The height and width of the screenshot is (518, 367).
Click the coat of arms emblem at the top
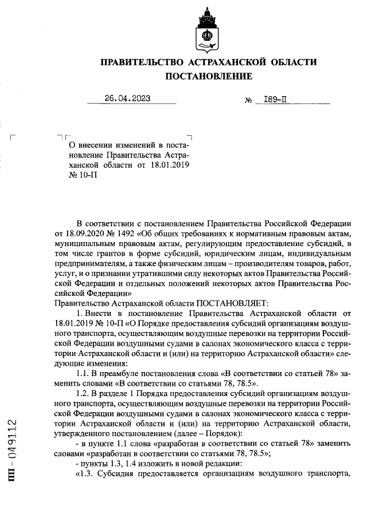[208, 29]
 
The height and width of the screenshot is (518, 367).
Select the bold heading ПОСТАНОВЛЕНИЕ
[208, 77]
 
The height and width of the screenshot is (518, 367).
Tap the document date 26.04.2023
[127, 98]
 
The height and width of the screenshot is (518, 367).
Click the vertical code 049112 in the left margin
[13, 441]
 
